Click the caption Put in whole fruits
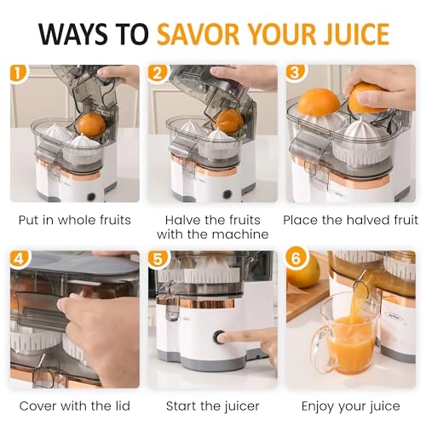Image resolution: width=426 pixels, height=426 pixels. click(x=75, y=220)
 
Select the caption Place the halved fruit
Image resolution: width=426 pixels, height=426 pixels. click(x=349, y=220)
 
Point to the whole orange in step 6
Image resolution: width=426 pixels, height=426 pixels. click(x=302, y=271)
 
